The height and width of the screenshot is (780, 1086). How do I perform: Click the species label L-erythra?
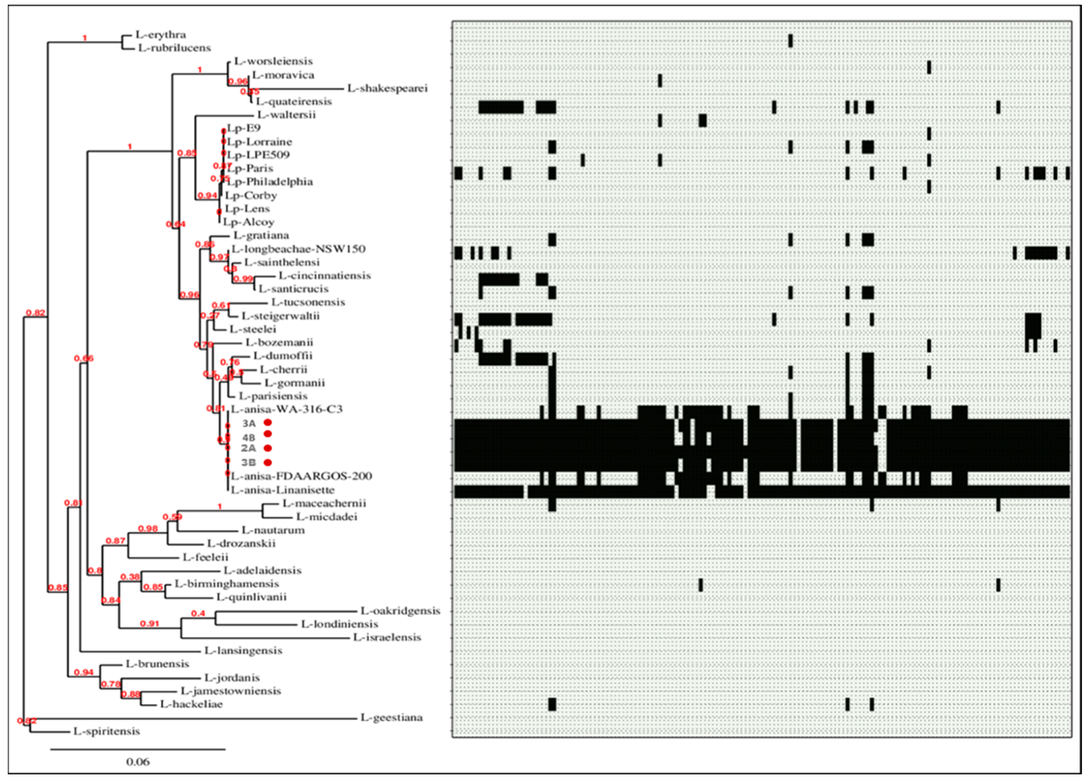161,34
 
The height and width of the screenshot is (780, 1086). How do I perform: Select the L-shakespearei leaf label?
387,88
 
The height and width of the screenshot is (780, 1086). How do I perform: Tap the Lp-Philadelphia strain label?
270,182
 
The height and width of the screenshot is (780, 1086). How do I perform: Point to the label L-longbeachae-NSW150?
298,249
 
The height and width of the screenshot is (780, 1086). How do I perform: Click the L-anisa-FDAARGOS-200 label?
301,476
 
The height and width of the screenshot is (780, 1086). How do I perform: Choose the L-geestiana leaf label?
391,718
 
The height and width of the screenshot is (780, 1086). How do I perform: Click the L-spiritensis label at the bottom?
107,731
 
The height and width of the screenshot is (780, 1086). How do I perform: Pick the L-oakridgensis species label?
400,611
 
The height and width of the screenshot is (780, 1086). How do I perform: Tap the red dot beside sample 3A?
268,423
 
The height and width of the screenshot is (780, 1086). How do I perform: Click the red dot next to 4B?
268,434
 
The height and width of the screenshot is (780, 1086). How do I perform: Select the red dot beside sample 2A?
268,448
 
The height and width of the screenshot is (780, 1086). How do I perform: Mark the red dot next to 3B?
268,462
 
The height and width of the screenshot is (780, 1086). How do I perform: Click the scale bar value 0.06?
138,762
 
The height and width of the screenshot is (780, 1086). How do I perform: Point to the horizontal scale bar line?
138,749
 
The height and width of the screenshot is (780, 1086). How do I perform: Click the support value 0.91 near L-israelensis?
150,624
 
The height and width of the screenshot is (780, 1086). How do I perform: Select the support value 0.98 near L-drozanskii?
148,529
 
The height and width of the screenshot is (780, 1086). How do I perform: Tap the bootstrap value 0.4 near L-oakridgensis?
198,613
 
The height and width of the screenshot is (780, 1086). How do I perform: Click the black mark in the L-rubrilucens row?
790,41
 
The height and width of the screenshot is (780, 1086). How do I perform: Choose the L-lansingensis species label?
243,651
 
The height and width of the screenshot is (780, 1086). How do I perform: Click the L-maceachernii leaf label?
324,504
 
